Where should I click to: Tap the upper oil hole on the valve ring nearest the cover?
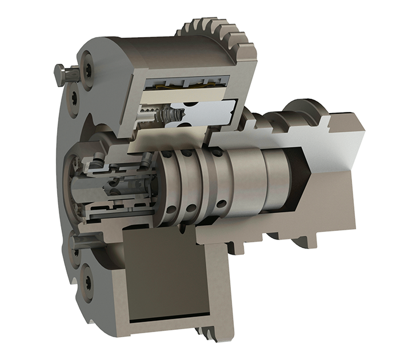tap(169, 154)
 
